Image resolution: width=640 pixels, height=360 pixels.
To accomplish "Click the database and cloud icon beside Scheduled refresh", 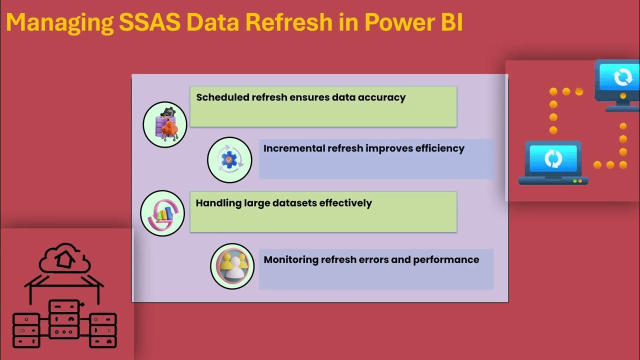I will tap(165, 125).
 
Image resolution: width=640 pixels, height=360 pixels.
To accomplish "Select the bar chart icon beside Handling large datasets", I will tap(163, 213).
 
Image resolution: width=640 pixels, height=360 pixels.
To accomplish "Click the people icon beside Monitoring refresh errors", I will tap(232, 266).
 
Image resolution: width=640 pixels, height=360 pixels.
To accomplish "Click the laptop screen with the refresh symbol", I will tap(552, 159).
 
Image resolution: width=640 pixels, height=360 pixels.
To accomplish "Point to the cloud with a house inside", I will tap(65, 258).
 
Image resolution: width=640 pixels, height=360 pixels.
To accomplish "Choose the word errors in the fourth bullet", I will tap(368, 259).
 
